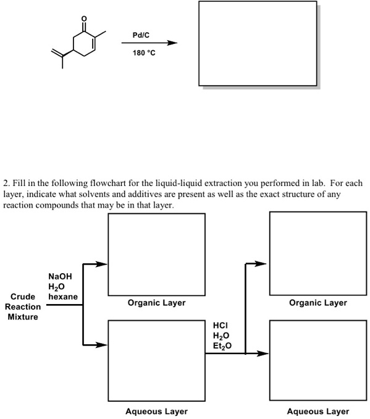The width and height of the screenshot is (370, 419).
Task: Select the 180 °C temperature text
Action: tap(144, 53)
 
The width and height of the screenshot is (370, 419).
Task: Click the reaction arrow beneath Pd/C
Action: tap(149, 43)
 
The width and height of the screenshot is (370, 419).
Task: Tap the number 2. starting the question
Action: tap(7, 184)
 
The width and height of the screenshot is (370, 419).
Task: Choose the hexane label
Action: tap(63, 297)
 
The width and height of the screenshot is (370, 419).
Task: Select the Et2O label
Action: tap(222, 345)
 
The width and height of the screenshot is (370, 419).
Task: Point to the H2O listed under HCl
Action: tap(221, 336)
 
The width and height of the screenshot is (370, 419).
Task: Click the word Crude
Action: tap(23, 297)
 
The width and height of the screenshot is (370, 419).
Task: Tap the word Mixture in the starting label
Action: tap(22, 317)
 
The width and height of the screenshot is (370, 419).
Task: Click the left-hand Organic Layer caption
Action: tap(156, 303)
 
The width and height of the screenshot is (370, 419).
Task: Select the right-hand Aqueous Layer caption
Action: tap(317, 411)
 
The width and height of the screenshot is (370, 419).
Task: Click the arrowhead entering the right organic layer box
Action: tap(264, 265)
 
